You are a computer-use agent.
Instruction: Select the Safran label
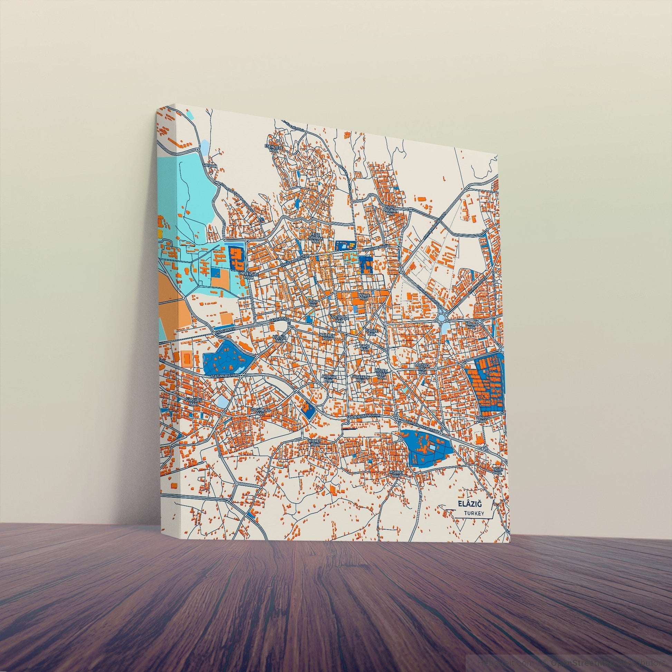212,170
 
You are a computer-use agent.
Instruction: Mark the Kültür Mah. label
279,339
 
